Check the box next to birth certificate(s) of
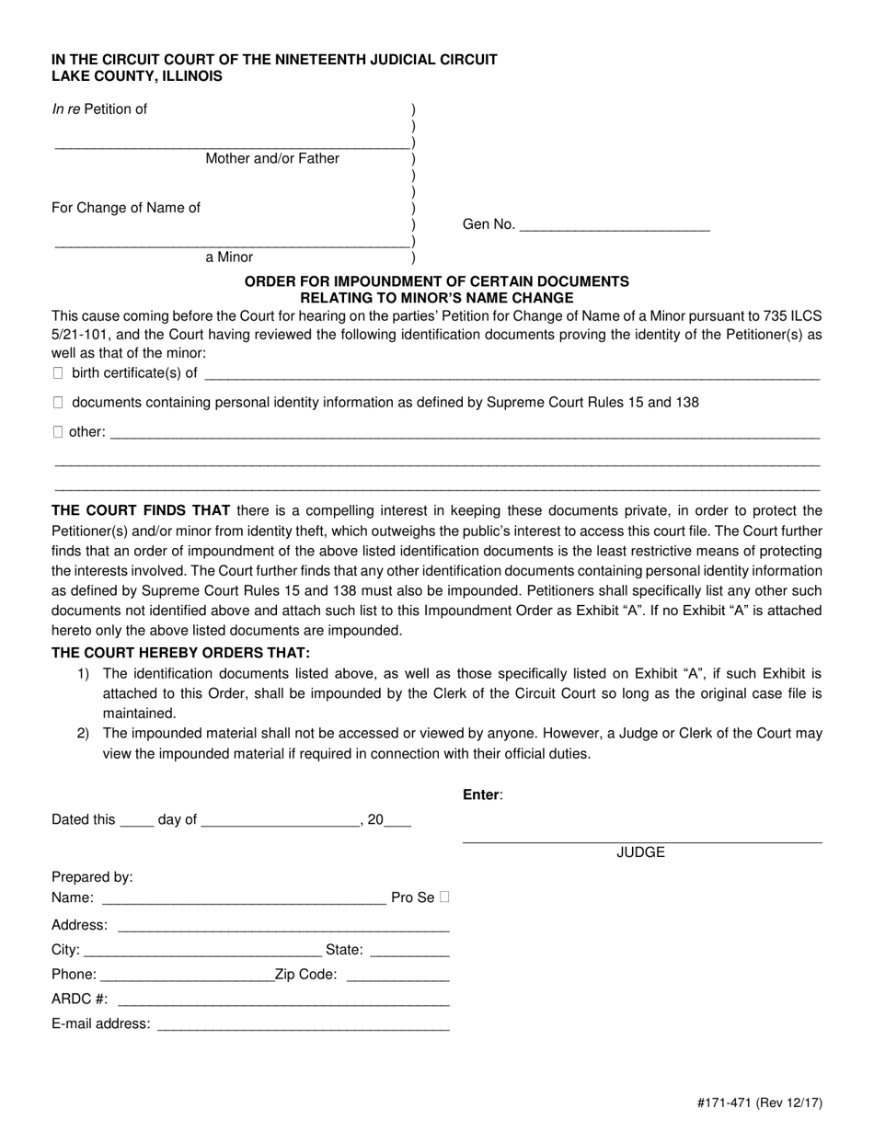tap(58, 373)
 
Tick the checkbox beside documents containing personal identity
tap(58, 403)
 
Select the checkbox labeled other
tap(58, 431)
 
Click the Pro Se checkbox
tap(445, 897)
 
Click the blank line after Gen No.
tap(615, 223)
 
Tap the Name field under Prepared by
tap(243, 897)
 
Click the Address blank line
tap(282, 925)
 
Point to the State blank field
tap(410, 950)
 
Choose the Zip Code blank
tap(397, 975)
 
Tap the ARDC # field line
tap(282, 1000)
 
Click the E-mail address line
tap(304, 1024)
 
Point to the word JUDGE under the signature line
tap(640, 852)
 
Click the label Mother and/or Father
tap(272, 158)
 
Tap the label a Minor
tap(229, 257)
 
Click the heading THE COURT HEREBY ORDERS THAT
tap(180, 653)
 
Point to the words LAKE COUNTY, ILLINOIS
tap(136, 76)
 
